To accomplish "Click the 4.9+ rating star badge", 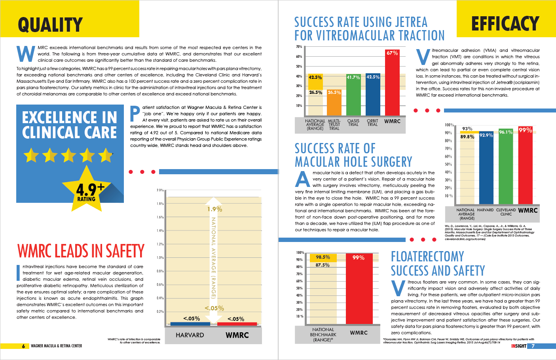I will point(87,190).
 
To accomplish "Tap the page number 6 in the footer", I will point(23,346).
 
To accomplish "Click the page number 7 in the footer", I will point(533,346).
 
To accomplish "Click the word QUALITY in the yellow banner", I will point(50,25).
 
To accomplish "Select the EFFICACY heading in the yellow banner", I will point(505,24).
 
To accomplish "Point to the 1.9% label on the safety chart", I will point(215,209).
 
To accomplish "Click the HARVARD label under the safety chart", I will point(190,335).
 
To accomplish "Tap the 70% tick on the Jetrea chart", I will point(299,47).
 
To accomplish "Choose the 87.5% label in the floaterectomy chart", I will point(323,265).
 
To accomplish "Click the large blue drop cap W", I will point(26,54).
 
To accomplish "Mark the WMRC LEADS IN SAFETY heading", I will point(81,251).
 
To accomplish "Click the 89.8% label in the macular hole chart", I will point(467,137).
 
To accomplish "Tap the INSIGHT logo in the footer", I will point(518,346).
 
